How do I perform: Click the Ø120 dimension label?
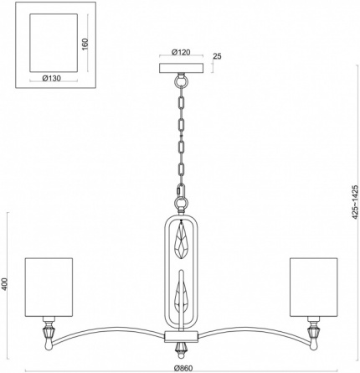(181, 52)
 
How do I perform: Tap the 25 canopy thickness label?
(217, 56)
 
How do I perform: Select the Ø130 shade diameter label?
(51, 79)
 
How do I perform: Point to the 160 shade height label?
(85, 44)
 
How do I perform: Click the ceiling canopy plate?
(182, 68)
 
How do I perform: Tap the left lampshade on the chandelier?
(49, 288)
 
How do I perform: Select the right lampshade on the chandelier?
(314, 288)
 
